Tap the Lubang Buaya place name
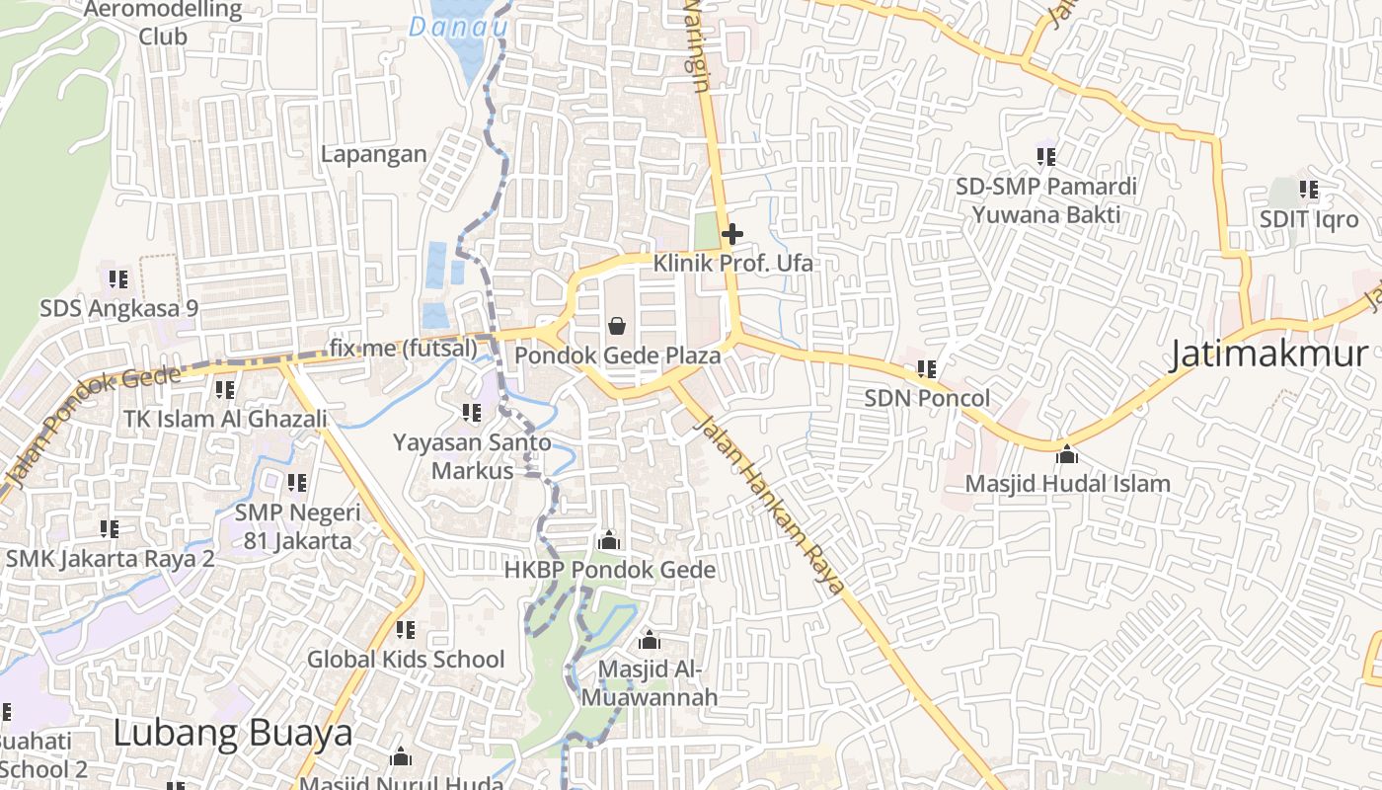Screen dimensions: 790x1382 (232, 733)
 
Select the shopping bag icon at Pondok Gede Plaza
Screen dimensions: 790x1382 (617, 325)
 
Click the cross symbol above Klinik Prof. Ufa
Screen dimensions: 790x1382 (732, 234)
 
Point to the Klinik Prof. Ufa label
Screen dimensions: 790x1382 (733, 264)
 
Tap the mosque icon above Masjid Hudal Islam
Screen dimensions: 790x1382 (1066, 454)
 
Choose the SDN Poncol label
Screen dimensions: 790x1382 (927, 398)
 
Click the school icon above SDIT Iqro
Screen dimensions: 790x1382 (1309, 190)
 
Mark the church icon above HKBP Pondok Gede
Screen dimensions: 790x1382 (609, 540)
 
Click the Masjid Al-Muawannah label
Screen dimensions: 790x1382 (649, 683)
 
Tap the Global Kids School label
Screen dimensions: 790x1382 (406, 660)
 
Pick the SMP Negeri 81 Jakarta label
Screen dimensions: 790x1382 (297, 526)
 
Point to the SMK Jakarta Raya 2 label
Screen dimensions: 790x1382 (111, 559)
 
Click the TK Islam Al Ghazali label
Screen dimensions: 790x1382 (225, 419)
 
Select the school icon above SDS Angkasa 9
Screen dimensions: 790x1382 (118, 278)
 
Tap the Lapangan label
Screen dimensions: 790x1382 (374, 154)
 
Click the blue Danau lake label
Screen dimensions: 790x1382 (458, 27)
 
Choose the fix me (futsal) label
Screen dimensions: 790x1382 (403, 348)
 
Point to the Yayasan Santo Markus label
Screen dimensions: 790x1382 (473, 455)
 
